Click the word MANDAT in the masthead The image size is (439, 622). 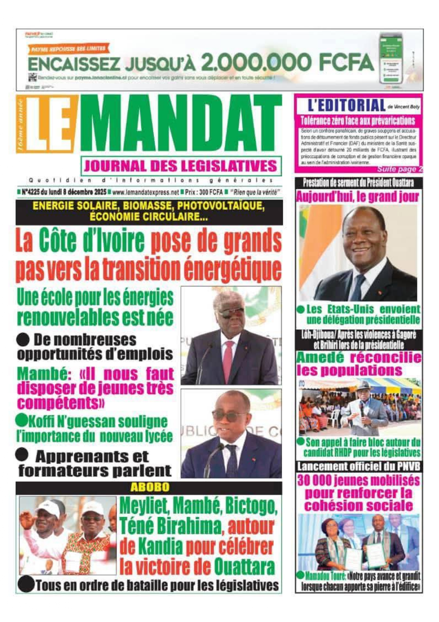click(181, 124)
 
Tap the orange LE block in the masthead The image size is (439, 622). click(51, 124)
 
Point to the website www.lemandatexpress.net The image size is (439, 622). click(146, 192)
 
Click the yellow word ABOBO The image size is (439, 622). click(150, 487)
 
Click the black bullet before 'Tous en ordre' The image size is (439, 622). click(25, 584)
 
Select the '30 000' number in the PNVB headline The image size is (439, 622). click(315, 481)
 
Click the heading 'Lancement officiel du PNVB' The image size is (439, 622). click(358, 466)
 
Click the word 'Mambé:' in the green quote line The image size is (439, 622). click(42, 374)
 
